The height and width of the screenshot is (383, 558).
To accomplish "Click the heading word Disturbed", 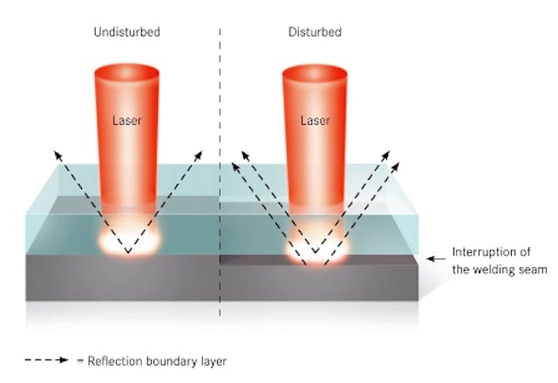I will [x=315, y=32].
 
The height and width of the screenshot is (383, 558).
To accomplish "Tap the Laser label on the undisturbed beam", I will [x=127, y=120].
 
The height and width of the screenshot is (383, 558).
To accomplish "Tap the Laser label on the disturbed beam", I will [x=315, y=120].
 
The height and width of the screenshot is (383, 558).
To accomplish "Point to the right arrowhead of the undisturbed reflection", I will [x=199, y=154].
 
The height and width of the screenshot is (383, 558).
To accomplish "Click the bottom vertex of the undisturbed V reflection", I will [x=128, y=253].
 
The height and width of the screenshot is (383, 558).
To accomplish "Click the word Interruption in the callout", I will [x=485, y=254].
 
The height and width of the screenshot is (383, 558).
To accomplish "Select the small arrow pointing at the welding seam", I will [x=433, y=259].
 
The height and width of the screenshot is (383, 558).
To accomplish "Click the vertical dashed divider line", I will [x=219, y=174].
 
